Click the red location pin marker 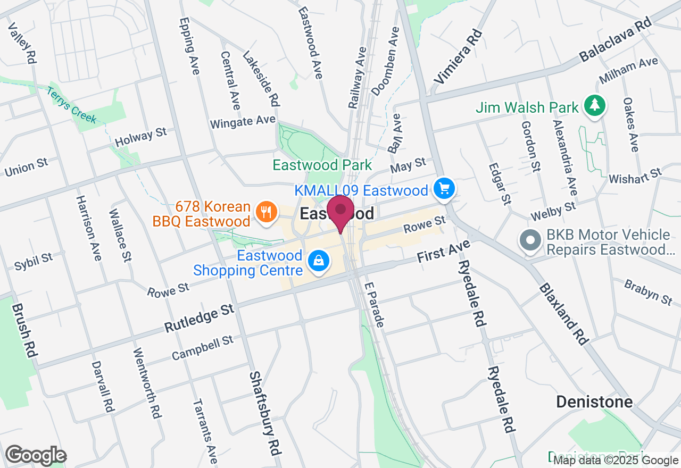click(340, 212)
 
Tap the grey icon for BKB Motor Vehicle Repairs click(530, 240)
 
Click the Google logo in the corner click(36, 455)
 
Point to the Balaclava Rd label click(616, 47)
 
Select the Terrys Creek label click(71, 105)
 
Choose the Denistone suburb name click(594, 402)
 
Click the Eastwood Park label click(322, 165)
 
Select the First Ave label click(444, 250)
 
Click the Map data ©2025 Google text click(616, 461)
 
